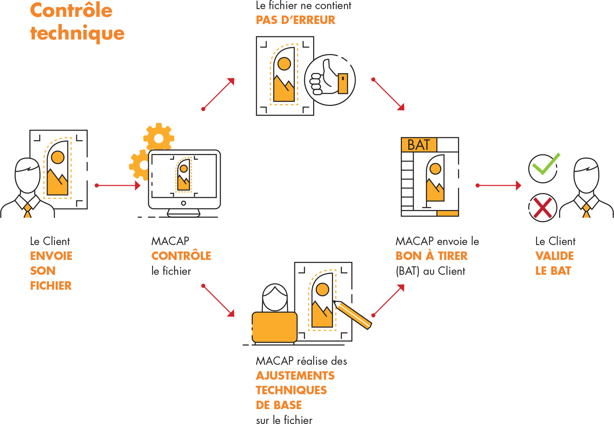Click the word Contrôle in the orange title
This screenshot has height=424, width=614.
click(71, 10)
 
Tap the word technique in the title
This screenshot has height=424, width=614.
click(77, 33)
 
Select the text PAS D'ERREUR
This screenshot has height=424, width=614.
click(295, 20)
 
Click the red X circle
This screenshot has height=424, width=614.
click(543, 208)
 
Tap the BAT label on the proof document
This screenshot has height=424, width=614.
click(419, 145)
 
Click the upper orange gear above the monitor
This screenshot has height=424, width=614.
click(159, 138)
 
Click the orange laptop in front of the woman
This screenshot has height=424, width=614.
click(274, 327)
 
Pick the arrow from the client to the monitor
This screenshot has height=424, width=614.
click(118, 185)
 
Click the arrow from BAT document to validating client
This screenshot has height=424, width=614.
click(499, 185)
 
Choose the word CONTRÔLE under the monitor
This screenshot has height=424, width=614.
click(181, 256)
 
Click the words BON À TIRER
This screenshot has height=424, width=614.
click(432, 256)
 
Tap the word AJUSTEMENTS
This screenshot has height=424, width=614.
click(295, 376)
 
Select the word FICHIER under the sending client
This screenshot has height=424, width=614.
click(51, 286)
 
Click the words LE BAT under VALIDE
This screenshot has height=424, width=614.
click(553, 271)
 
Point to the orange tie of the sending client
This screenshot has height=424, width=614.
click(28, 210)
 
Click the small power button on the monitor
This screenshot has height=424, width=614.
click(183, 203)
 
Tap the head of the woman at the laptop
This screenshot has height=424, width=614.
click(275, 298)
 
